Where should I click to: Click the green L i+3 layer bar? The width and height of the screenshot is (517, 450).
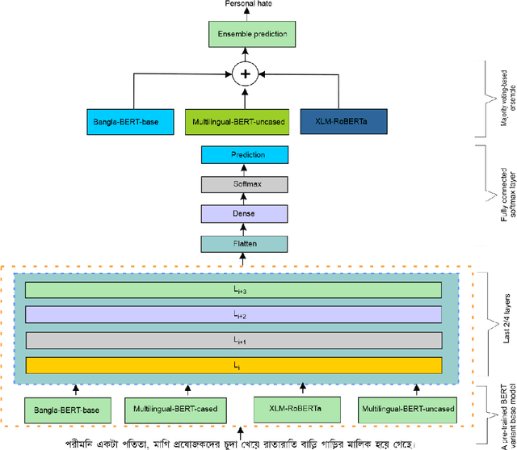(x=233, y=291)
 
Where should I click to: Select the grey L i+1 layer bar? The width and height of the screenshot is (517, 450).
(x=233, y=341)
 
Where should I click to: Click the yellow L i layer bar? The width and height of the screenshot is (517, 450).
(x=233, y=366)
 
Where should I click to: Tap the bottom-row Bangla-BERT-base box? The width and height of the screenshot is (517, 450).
(x=68, y=410)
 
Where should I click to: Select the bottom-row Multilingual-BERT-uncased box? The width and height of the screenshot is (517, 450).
(x=406, y=410)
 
